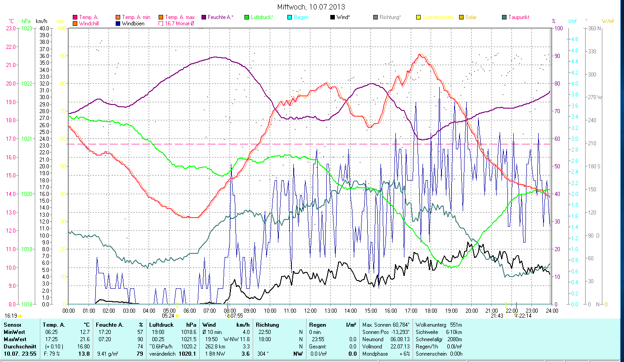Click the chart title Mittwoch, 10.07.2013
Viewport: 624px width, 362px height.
311,7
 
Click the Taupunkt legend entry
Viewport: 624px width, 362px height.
518,17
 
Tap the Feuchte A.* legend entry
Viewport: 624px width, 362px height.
221,17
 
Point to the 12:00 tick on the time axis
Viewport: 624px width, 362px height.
310,311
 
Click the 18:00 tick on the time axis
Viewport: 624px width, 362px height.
431,311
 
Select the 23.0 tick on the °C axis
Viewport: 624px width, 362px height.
10,28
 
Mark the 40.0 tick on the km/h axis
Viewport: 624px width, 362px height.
44,28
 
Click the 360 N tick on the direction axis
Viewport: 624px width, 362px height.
594,28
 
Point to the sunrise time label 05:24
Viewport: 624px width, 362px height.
168,315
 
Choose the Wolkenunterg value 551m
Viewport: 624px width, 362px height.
456,325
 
